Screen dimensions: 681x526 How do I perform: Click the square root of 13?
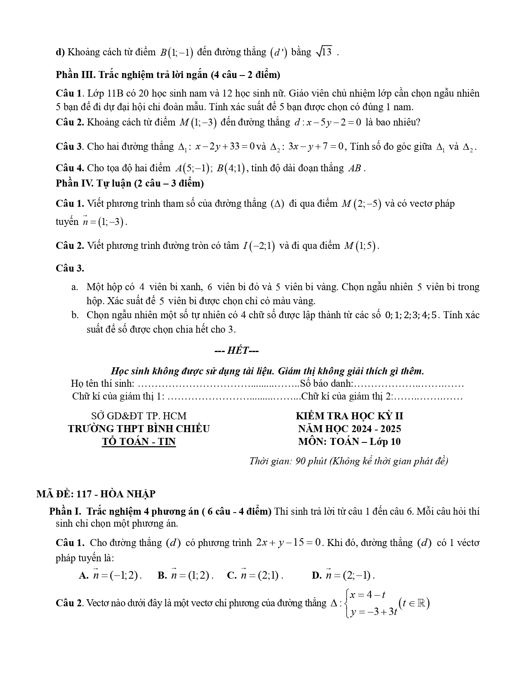[324, 52]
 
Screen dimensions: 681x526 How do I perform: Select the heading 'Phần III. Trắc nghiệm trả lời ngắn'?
[168, 75]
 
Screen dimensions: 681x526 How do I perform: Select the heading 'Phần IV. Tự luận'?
[130, 183]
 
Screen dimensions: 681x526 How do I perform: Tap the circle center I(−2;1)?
[259, 246]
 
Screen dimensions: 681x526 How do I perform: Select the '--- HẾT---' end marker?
[236, 351]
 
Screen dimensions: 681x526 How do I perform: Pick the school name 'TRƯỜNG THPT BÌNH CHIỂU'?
[139, 429]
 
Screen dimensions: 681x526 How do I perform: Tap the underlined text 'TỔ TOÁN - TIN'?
[139, 442]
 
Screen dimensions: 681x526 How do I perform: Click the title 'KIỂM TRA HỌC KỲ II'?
[349, 416]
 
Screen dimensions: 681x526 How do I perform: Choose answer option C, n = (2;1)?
[255, 575]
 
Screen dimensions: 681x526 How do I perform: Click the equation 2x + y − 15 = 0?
[288, 543]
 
